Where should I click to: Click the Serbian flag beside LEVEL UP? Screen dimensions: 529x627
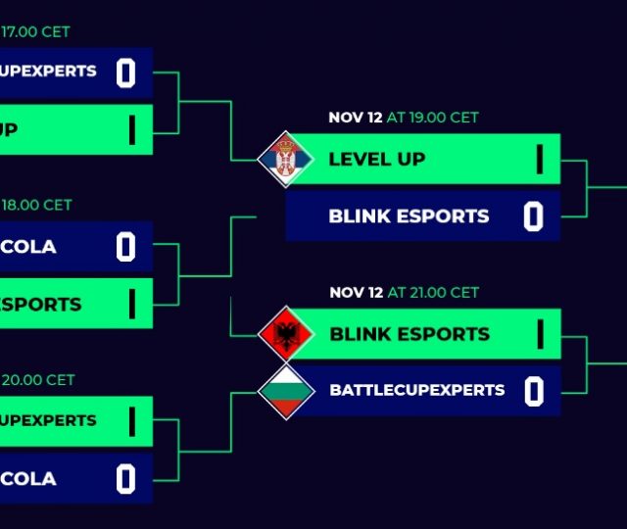coord(286,159)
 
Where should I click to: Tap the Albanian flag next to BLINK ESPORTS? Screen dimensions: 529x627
coord(286,334)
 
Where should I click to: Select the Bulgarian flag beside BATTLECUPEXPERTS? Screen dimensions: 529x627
coord(286,390)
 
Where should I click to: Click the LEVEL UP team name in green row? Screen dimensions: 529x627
coord(377,159)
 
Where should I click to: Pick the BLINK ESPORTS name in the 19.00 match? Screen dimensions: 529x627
coord(409,216)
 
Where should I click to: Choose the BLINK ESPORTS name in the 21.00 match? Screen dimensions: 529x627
coord(410,334)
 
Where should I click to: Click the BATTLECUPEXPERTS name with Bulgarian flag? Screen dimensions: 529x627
coord(417,390)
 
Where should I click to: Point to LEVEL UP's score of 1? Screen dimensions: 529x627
coord(539,159)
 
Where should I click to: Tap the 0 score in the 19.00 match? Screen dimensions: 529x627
coord(533,216)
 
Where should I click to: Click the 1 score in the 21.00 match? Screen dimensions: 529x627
coord(539,334)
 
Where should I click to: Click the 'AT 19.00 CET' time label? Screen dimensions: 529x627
coord(433,118)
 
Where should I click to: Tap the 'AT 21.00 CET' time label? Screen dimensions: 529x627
coord(433,292)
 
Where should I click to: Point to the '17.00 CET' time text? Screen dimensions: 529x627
coord(36,31)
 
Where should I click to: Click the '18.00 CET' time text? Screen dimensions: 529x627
coord(37,206)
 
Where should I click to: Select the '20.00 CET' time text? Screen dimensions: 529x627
coord(37,380)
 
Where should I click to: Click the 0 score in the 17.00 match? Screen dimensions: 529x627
coord(125,73)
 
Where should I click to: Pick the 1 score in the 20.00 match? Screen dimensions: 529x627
coord(131,421)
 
